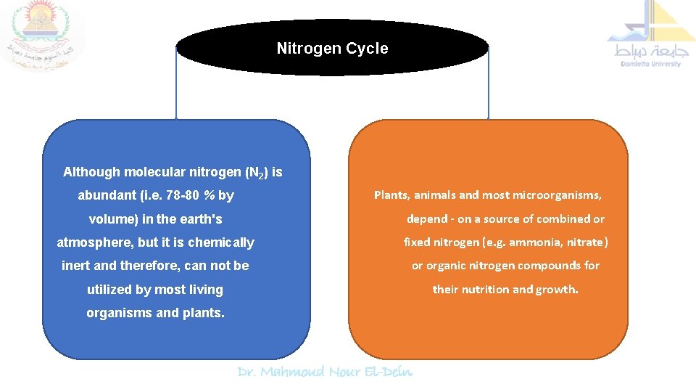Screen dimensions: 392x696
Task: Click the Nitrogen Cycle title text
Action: (x=332, y=49)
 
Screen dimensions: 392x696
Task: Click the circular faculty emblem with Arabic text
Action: (x=42, y=34)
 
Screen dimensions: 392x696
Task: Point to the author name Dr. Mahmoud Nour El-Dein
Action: (x=326, y=372)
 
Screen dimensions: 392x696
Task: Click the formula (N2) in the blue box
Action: (x=257, y=173)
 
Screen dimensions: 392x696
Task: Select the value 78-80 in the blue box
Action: (x=180, y=196)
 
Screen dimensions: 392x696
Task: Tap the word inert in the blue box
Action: (x=76, y=266)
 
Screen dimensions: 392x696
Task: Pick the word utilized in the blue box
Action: (x=110, y=290)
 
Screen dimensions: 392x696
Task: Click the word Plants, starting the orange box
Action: (x=391, y=195)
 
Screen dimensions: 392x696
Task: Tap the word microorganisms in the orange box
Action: (x=559, y=195)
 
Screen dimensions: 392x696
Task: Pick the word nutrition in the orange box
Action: (x=484, y=289)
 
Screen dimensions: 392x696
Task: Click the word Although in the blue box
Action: (x=92, y=173)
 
